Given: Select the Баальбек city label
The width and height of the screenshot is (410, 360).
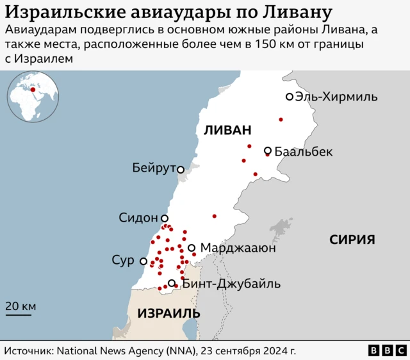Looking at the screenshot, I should coord(304,152).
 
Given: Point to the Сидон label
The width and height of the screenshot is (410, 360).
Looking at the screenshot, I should coord(138,218).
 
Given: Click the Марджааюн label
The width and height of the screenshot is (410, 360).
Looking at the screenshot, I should coord(238,248).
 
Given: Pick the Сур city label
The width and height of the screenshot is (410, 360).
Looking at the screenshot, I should coord(123,261).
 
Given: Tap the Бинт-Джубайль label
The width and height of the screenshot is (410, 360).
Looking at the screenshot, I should coord(231,284).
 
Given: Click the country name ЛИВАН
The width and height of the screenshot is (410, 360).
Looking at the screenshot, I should coord(227,130).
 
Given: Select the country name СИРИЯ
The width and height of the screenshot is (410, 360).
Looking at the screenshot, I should coord(352,240).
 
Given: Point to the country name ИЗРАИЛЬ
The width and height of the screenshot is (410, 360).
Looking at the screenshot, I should coord(168,314).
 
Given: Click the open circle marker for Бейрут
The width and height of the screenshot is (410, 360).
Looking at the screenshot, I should coord(181,170).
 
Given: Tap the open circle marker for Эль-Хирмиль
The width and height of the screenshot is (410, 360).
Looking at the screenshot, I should coord(290,97).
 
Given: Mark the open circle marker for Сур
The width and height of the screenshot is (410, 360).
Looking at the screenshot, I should coord(143,261).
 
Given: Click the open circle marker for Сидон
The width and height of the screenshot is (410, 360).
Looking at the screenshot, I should coord(165,218).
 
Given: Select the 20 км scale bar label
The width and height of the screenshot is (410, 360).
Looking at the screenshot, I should coord(20,306).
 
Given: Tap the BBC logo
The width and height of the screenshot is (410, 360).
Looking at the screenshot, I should coord(387,351).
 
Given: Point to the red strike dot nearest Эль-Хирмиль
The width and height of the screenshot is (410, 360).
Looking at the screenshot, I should coord(281,120).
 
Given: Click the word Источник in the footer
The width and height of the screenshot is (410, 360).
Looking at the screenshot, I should coord(28,351).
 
